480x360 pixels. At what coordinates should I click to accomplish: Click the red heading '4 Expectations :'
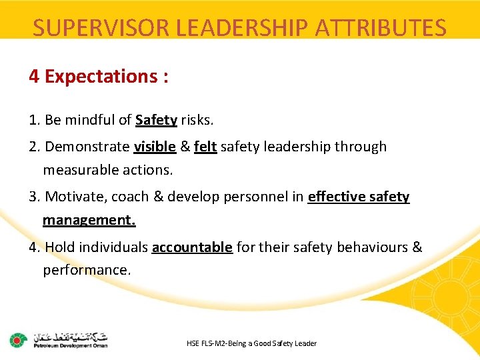[99, 77]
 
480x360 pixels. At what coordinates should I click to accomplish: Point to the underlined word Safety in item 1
[156, 120]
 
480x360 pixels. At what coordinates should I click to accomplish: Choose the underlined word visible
[155, 147]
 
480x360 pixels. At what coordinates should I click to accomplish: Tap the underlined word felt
[205, 147]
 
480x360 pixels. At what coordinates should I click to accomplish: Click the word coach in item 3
[130, 197]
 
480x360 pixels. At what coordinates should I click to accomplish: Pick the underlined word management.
[89, 220]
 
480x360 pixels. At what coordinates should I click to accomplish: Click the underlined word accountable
[192, 247]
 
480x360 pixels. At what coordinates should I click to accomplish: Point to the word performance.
[87, 271]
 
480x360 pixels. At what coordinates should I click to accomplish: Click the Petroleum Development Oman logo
[59, 340]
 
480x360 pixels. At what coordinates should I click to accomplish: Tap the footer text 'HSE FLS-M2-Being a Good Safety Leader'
[252, 343]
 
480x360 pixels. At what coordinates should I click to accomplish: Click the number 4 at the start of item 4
[33, 247]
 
